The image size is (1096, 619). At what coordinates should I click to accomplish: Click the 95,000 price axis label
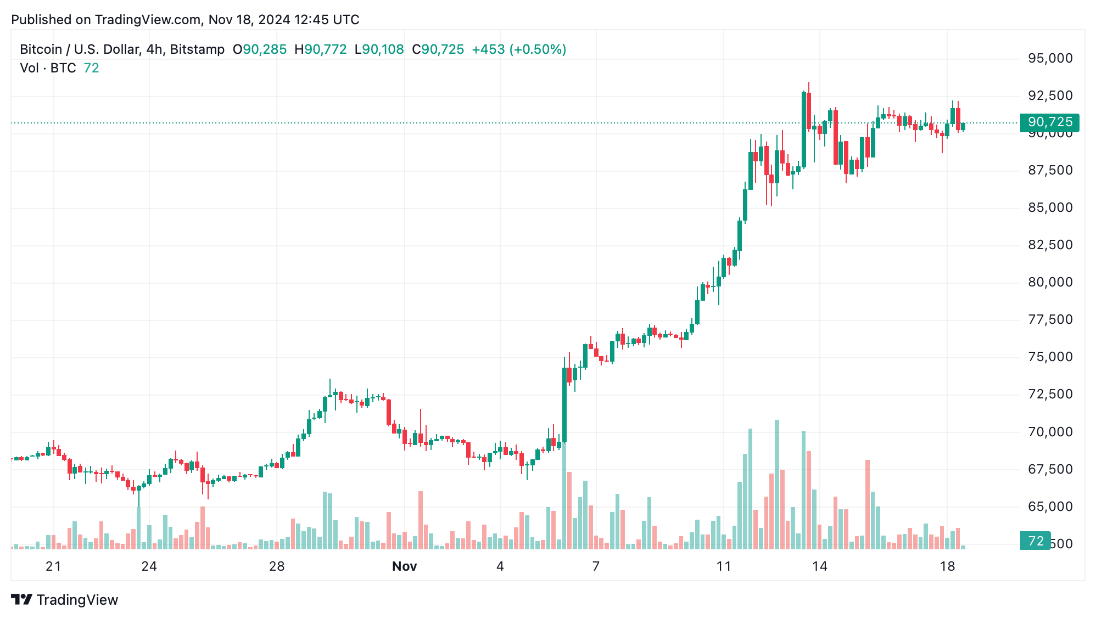point(1050,58)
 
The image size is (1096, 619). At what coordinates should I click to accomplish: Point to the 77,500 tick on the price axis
point(1050,319)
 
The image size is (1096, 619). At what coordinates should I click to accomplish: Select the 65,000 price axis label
point(1050,506)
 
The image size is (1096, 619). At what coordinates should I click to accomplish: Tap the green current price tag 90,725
point(1049,122)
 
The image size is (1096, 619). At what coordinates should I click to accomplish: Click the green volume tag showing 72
point(1035,541)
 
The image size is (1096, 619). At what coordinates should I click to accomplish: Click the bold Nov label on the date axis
point(404,566)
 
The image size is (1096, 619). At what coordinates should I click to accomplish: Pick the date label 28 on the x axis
point(277,566)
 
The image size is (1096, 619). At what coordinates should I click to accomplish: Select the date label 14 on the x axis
point(819,566)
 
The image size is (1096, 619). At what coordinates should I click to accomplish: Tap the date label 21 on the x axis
point(53,566)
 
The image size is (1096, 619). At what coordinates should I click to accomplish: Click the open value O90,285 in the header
point(260,49)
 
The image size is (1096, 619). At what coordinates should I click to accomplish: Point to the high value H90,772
point(321,49)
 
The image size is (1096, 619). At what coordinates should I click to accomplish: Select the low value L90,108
point(379,49)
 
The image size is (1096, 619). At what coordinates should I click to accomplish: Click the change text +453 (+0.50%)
point(519,49)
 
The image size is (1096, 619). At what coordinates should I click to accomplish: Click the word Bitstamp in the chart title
point(197,49)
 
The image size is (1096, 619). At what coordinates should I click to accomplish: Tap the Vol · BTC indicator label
point(48,68)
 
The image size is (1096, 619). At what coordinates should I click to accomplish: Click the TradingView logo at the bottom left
point(64,599)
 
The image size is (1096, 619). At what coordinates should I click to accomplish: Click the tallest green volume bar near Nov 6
point(564,494)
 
